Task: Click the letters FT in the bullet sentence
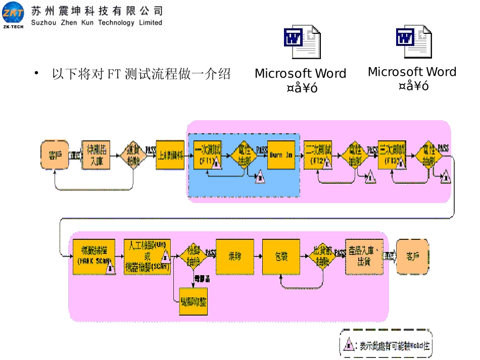(x=113, y=75)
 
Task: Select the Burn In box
(x=281, y=155)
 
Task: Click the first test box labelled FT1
(x=207, y=155)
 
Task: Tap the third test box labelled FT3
(x=391, y=155)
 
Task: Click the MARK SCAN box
(x=94, y=256)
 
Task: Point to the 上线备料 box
(x=170, y=155)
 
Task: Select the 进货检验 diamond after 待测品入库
(x=133, y=155)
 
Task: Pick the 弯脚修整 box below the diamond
(x=194, y=302)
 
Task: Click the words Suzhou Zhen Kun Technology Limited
(x=97, y=23)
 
